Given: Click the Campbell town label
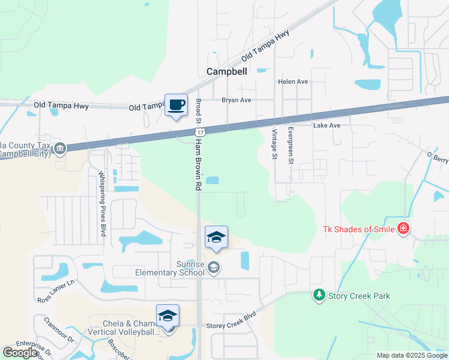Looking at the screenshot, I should point(226,71).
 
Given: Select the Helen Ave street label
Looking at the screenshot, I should point(292,82).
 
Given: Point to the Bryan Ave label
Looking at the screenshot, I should point(236,100).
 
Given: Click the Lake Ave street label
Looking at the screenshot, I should point(327,125).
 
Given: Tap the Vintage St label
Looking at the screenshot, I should point(274,144).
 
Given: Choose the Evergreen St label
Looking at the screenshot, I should point(290,145).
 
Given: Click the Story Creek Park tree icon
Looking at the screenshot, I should point(319,295).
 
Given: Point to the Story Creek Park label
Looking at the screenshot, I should point(358,296).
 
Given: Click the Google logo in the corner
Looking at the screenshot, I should point(20,353).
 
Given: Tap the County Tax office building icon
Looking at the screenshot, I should point(59,149).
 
